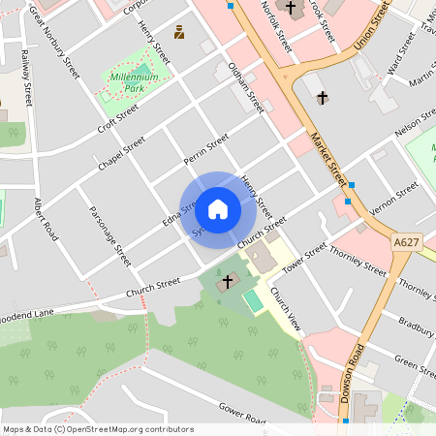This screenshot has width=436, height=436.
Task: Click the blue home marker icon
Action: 217,208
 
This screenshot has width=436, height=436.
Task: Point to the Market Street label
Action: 328,160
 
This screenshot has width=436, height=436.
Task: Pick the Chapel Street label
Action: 121,154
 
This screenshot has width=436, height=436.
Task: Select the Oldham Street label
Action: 244,87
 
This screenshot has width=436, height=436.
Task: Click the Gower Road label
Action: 242,414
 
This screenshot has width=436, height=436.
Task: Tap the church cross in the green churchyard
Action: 229,281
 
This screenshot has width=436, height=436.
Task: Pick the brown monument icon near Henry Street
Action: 179,32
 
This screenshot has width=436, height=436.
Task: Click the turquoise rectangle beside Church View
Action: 254,301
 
